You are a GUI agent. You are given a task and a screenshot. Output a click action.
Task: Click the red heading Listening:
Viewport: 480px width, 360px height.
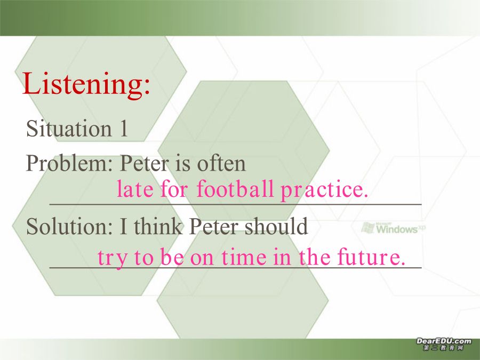[x=86, y=84]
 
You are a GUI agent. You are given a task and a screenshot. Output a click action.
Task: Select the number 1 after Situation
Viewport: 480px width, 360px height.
[x=124, y=128]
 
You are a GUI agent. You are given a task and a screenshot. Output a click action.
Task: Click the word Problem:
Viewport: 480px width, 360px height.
[x=69, y=164]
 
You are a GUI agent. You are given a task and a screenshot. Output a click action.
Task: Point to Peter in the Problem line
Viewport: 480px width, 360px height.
[x=145, y=163]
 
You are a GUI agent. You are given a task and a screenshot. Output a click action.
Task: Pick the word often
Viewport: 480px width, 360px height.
[x=221, y=163]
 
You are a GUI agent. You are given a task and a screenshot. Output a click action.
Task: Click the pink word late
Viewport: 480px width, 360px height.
[x=135, y=189]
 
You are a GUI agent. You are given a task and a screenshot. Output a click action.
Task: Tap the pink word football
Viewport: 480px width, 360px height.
[x=235, y=188]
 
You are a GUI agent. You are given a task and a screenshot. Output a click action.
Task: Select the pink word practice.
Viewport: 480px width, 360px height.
[x=324, y=190]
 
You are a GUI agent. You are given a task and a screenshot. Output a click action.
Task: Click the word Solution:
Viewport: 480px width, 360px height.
[x=69, y=227]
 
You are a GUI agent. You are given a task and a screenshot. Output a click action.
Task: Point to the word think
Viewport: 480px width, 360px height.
[x=158, y=226]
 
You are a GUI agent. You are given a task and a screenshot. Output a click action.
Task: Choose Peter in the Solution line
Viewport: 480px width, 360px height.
[x=214, y=227]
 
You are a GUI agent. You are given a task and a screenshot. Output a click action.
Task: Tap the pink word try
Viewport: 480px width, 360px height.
[x=112, y=258]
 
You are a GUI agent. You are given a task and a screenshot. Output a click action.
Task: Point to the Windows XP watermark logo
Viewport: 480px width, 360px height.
[x=394, y=228]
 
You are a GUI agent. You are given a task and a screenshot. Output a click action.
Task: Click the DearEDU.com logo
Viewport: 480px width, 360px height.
[x=444, y=341]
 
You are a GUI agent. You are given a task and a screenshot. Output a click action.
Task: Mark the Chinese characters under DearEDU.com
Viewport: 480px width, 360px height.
[x=444, y=348]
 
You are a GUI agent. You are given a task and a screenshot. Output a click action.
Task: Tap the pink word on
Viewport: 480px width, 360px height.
[x=202, y=258]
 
